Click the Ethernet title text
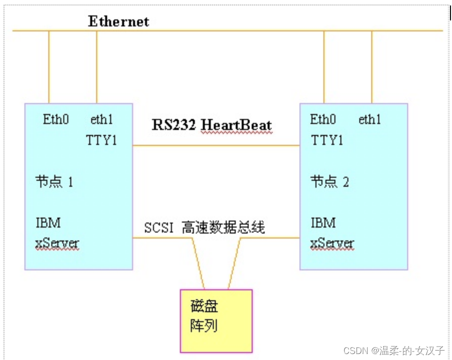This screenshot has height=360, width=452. pos(119,21)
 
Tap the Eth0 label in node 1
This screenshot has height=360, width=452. pos(56,120)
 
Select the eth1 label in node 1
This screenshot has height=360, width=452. pos(102,120)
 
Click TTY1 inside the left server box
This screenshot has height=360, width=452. pos(102,140)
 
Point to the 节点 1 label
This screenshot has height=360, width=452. pos(54,181)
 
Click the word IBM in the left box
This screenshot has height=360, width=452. pos(48,222)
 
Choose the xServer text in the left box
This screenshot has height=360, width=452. pos(57,244)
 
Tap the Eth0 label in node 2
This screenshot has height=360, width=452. pos(323,120)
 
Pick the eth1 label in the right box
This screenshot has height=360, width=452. pos(370,120)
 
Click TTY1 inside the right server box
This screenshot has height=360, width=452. pos(327,140)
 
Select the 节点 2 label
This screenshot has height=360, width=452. pos(330,181)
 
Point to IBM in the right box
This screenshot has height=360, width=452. pos(323,222)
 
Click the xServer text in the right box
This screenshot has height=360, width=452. pos(332,244)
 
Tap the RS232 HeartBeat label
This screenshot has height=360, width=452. pos(212,124)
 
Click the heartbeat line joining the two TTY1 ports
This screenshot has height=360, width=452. pos(216,145)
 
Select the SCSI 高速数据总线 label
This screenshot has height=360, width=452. pos(204,228)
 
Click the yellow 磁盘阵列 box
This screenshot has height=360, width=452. pos(216,321)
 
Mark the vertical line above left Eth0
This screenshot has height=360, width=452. pos(49,67)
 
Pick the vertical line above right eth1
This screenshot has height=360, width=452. pos(372,67)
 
